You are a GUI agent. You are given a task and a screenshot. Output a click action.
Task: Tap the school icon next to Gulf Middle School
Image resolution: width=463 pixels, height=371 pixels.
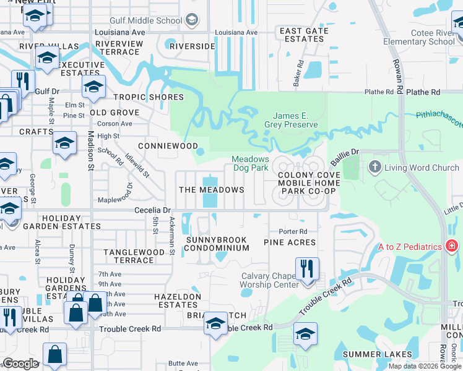tap(192, 20)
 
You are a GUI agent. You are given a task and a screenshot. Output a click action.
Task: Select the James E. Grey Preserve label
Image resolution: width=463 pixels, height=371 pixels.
tap(295, 120)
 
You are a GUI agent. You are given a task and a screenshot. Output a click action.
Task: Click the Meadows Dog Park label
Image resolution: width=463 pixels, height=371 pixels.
tap(250, 163)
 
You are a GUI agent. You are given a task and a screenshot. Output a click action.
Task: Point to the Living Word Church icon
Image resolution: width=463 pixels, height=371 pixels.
tap(374, 168)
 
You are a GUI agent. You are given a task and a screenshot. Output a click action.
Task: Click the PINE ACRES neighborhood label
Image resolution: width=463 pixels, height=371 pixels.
tap(290, 242)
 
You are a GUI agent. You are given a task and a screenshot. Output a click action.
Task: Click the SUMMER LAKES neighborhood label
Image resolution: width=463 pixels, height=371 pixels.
tap(370, 354)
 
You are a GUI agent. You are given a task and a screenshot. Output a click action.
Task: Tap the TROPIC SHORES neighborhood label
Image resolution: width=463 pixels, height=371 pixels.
tap(148, 97)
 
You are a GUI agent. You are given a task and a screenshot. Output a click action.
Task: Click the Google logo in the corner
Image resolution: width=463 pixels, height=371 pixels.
tap(20, 364)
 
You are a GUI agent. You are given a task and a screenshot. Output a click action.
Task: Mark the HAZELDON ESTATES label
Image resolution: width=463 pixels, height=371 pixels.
tap(178, 301)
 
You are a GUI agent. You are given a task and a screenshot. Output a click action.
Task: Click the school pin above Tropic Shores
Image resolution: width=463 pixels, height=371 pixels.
tap(93, 87)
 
